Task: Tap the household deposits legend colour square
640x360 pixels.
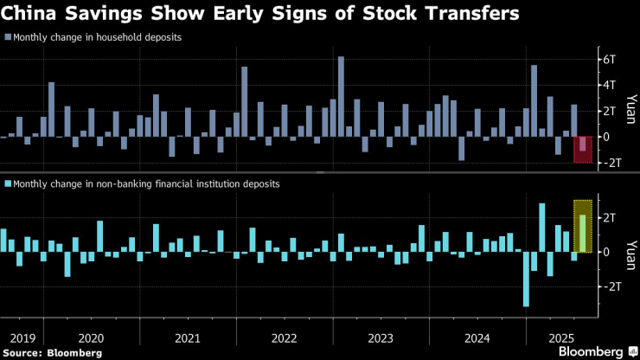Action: pyautogui.click(x=8, y=37)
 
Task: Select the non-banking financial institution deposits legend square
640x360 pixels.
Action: pyautogui.click(x=8, y=183)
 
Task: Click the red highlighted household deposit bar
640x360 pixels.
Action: pyautogui.click(x=583, y=145)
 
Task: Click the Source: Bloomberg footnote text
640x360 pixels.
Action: pyautogui.click(x=53, y=353)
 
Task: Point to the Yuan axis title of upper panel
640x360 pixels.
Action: pyautogui.click(x=630, y=110)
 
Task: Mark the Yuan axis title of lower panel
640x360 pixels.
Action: pyautogui.click(x=630, y=252)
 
